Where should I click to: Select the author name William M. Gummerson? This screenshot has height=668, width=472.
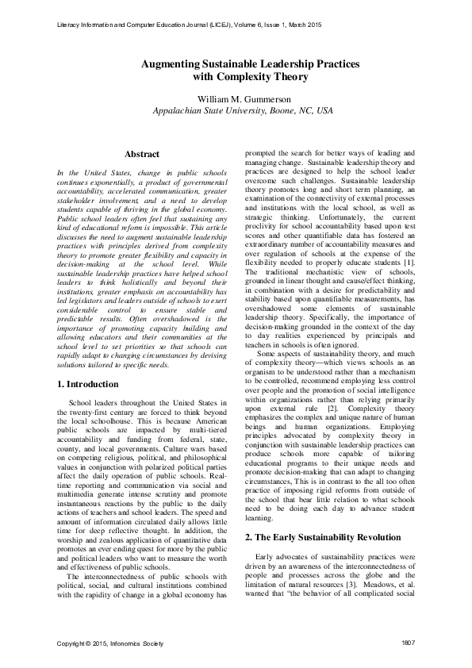tap(236, 99)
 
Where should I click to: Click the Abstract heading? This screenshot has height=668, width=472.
tap(142, 154)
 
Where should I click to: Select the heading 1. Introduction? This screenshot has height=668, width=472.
tap(89, 384)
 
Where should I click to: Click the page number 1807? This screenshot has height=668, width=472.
tap(409, 642)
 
